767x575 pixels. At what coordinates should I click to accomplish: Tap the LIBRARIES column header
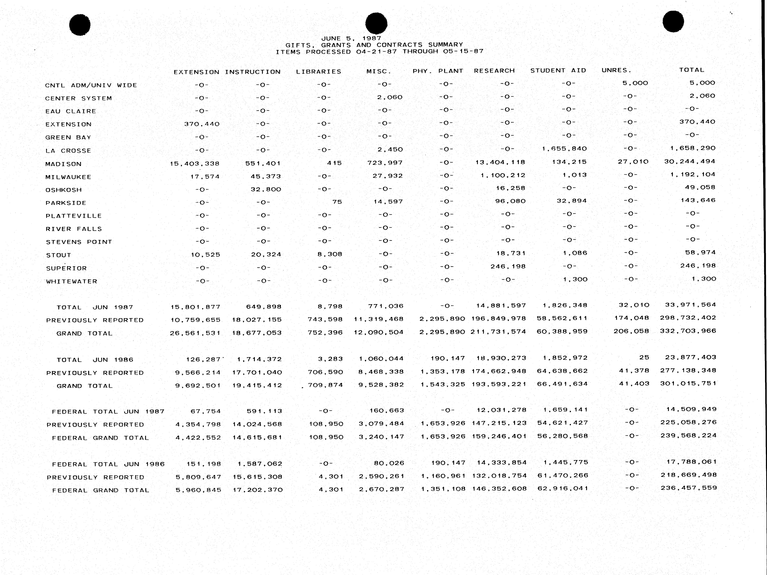pyautogui.click(x=318, y=71)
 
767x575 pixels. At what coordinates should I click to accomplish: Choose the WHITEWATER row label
pyautogui.click(x=72, y=281)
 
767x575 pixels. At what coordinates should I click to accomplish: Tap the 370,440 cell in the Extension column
pyautogui.click(x=202, y=124)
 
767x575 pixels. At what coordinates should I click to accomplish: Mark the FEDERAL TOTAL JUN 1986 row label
pyautogui.click(x=108, y=464)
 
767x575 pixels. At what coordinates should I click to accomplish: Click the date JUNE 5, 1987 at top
pyautogui.click(x=351, y=38)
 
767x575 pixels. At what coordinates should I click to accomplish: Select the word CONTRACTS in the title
pyautogui.click(x=399, y=45)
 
